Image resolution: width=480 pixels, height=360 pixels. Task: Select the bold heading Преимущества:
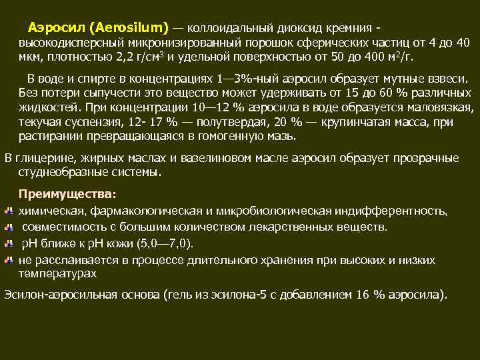pyautogui.click(x=67, y=194)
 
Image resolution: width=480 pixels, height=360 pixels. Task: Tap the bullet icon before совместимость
pyautogui.click(x=9, y=227)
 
